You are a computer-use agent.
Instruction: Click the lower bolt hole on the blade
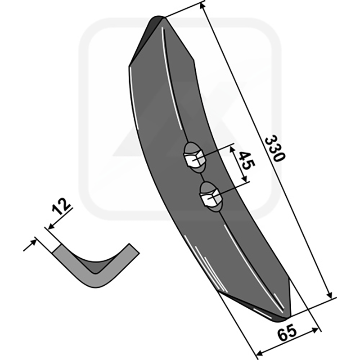(x=210, y=196)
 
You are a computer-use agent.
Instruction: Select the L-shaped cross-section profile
(x=94, y=268)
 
